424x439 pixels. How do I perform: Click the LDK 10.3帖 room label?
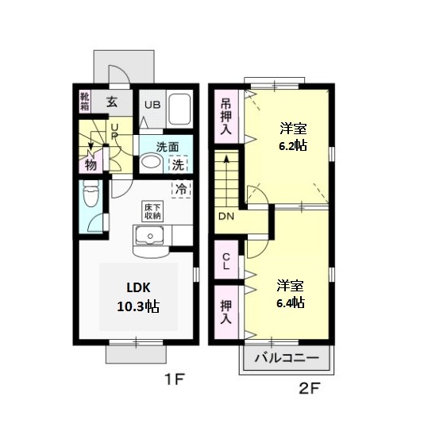pyautogui.click(x=138, y=297)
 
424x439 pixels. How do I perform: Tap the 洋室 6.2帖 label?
pyautogui.click(x=293, y=137)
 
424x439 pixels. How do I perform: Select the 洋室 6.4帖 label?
pyautogui.click(x=291, y=294)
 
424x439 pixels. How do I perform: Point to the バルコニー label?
pyautogui.click(x=287, y=357)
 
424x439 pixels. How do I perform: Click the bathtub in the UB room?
pyautogui.click(x=179, y=110)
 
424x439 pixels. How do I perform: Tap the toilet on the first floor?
pyautogui.click(x=91, y=193)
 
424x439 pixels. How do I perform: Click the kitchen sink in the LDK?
pyautogui.click(x=150, y=236)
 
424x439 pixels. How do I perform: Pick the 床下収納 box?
pyautogui.click(x=152, y=211)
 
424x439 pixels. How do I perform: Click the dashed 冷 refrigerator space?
pyautogui.click(x=181, y=189)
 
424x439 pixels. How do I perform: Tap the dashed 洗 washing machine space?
pyautogui.click(x=178, y=164)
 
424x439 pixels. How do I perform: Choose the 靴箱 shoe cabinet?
pyautogui.click(x=85, y=101)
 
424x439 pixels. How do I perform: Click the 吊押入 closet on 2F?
pyautogui.click(x=226, y=116)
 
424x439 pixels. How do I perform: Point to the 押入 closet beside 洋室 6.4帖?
pyautogui.click(x=226, y=312)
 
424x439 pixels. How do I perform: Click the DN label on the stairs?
pyautogui.click(x=226, y=216)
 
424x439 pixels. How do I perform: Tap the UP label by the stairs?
pyautogui.click(x=114, y=132)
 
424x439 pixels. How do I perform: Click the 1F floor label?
pyautogui.click(x=174, y=379)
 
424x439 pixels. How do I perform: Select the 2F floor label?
pyautogui.click(x=309, y=388)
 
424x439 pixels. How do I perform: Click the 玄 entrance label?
pyautogui.click(x=112, y=102)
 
